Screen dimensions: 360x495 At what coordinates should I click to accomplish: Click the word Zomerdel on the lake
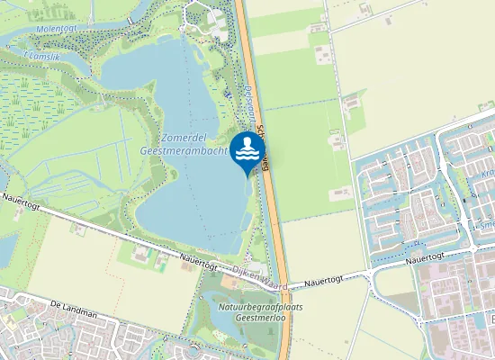tap(184, 138)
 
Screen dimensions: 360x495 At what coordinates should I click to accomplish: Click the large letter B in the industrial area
tap(491, 319)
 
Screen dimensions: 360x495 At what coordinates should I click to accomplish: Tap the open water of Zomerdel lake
tap(180, 198)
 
